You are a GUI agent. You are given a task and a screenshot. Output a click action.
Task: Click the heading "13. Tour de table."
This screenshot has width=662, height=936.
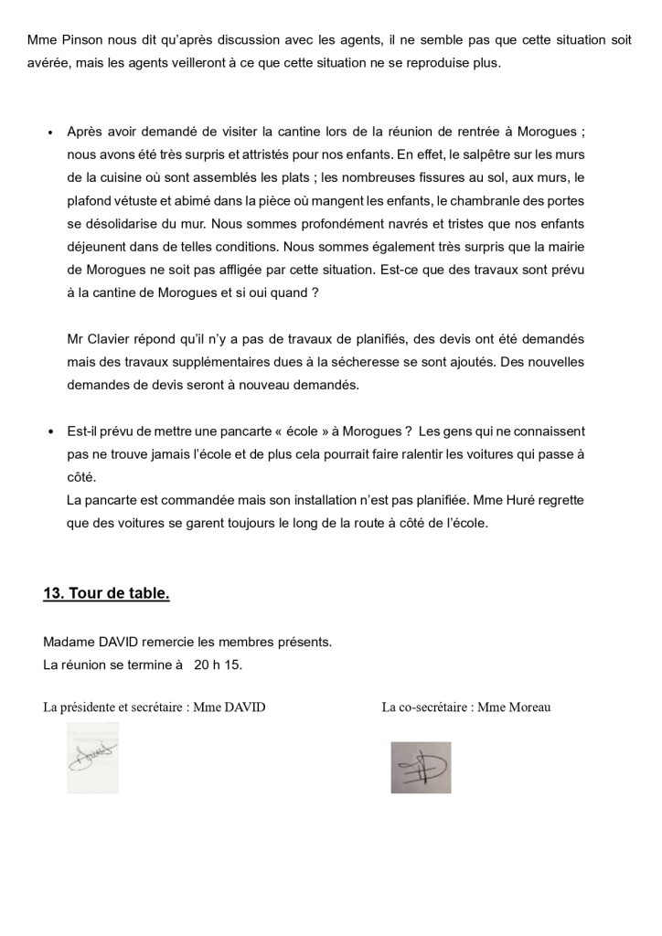tap(106, 594)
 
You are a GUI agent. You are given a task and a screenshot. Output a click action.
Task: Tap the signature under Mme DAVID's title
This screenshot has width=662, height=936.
tap(93, 757)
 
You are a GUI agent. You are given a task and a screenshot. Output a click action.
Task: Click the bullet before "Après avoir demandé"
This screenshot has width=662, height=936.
tap(49, 132)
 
